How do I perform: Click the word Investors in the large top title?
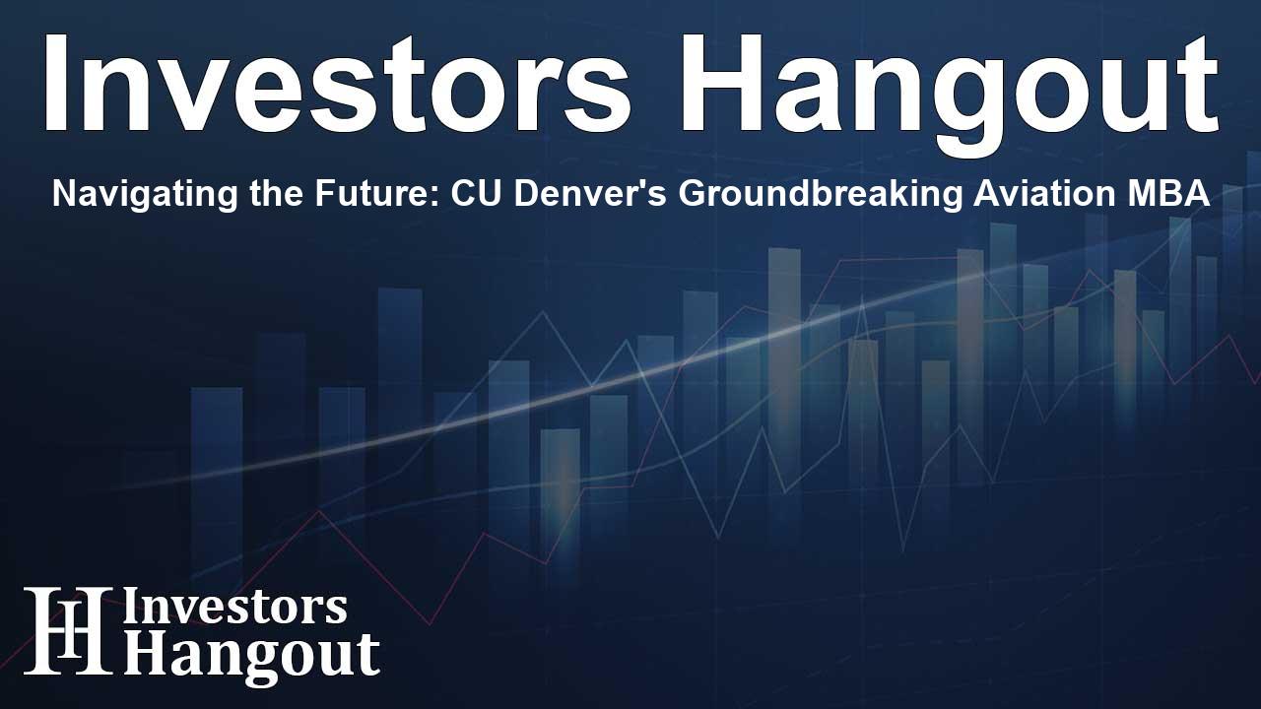click(337, 84)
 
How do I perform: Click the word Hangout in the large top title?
click(948, 94)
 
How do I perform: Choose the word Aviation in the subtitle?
click(1045, 194)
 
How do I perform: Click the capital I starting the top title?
click(54, 84)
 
